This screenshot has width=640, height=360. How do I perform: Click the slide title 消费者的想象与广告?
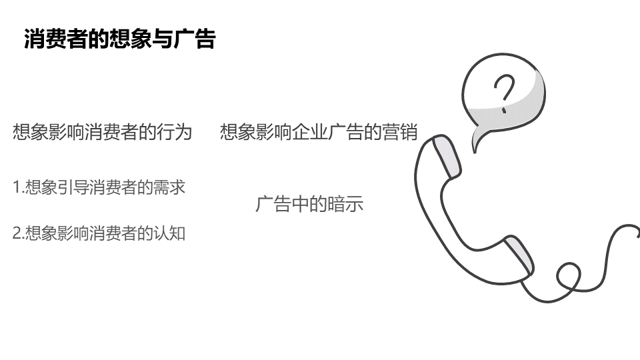click(120, 39)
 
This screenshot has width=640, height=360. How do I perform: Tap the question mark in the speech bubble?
click(505, 93)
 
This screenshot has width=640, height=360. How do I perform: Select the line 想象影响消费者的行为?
click(102, 132)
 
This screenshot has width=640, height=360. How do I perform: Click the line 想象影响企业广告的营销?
click(319, 132)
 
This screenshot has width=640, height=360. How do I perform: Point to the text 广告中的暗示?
click(309, 204)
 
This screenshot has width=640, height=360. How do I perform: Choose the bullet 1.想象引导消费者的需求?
click(99, 187)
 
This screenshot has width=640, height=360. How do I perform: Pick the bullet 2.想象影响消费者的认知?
click(99, 233)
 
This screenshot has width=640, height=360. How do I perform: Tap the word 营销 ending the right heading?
click(401, 132)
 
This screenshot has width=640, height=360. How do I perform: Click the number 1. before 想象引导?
click(18, 187)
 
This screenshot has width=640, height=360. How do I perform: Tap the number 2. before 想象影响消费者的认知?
click(18, 233)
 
